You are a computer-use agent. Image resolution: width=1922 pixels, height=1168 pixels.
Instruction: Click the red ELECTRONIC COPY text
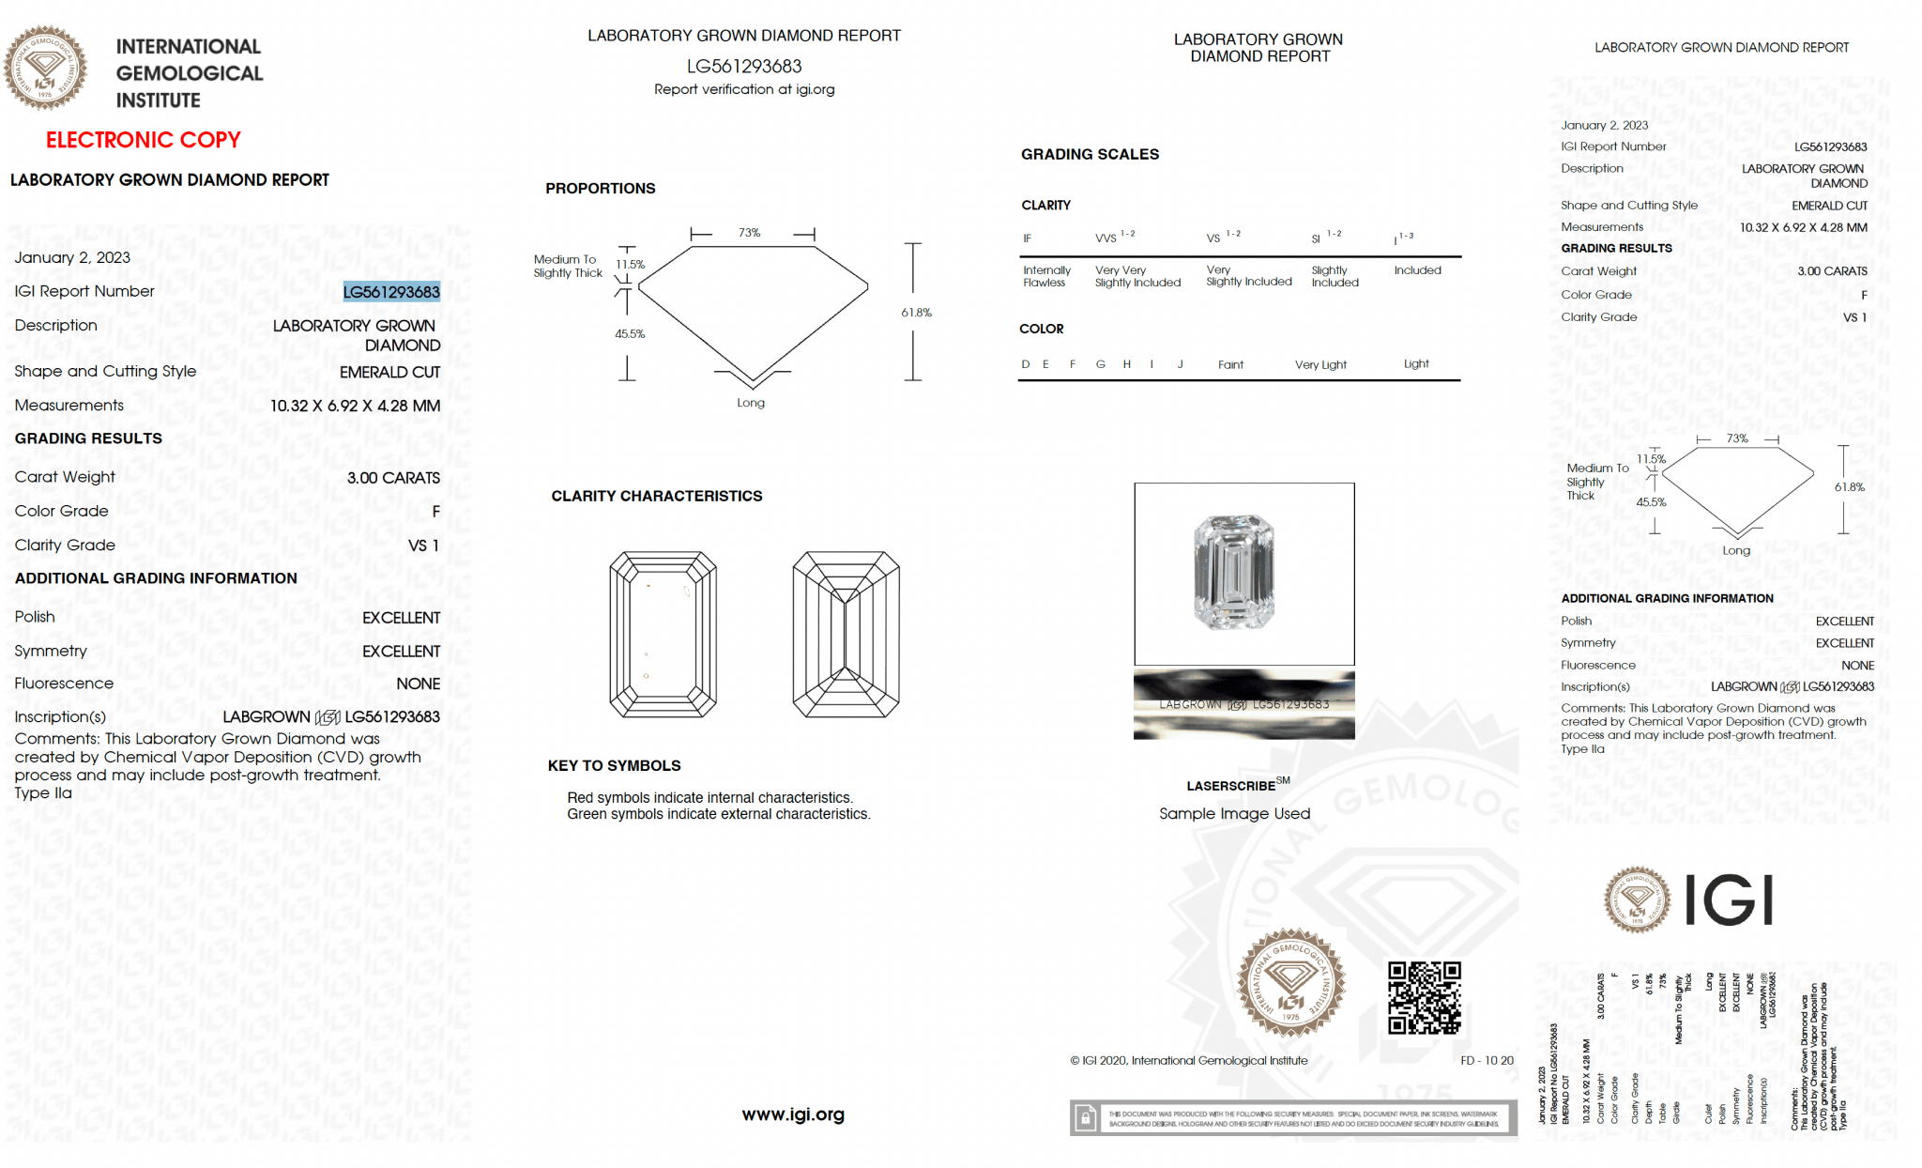[x=144, y=140]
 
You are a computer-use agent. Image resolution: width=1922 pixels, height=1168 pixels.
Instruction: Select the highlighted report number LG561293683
[x=391, y=292]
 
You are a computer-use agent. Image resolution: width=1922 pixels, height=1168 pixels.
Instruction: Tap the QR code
[x=1424, y=997]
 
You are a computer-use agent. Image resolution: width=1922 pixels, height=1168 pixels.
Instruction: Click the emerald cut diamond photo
[x=1233, y=572]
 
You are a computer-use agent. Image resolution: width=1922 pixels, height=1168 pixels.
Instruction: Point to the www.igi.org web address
[x=793, y=1114]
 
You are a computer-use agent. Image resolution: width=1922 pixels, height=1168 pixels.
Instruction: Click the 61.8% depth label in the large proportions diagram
[x=916, y=313]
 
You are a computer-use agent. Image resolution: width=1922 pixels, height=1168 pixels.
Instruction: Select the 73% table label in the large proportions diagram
[x=749, y=233]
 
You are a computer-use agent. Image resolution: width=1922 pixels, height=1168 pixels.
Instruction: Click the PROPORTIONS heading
[x=601, y=189]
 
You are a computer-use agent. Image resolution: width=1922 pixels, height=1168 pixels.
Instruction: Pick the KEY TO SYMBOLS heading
[x=615, y=766]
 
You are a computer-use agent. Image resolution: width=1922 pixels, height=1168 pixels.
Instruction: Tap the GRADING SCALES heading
[x=1090, y=154]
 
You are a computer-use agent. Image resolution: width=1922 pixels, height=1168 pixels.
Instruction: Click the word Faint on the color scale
[x=1230, y=364]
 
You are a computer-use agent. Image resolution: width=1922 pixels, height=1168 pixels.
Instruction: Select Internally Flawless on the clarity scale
[x=1046, y=276]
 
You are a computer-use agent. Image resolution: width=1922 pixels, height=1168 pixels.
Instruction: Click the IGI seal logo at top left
[x=45, y=68]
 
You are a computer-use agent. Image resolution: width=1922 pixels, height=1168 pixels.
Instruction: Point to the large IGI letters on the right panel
[x=1728, y=900]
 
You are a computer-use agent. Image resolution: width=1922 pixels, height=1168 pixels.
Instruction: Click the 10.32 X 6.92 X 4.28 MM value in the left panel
[x=355, y=406]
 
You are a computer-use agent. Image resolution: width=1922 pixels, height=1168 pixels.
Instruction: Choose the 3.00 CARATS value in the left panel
[x=393, y=478]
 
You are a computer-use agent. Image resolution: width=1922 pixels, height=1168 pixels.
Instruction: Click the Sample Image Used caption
[x=1234, y=814]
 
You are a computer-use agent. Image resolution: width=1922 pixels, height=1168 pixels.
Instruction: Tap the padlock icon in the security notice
[x=1086, y=1118]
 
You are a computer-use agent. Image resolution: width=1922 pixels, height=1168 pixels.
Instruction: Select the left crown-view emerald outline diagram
[x=663, y=635]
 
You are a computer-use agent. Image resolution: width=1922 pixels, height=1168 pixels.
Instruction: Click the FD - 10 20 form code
[x=1487, y=1060]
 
